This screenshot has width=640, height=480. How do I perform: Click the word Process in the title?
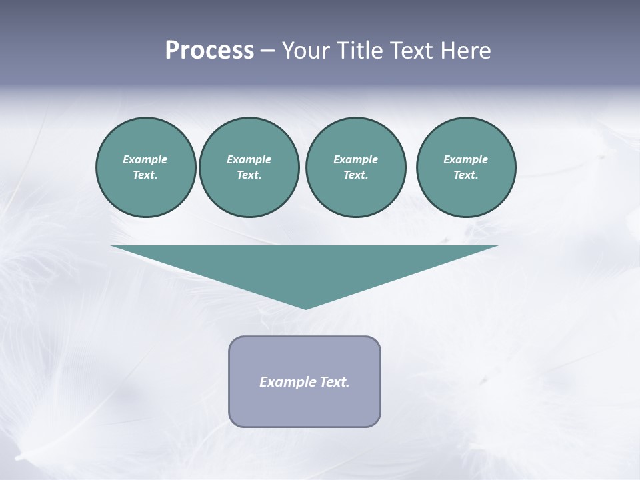coord(209,51)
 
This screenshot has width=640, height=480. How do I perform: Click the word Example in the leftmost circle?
coord(145,159)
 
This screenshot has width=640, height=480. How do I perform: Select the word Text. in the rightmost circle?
coord(465,175)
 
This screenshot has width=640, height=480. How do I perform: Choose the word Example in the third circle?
coord(355,159)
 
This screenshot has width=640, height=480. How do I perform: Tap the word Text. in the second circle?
coord(249,175)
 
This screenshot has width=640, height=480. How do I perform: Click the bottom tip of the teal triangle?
coord(305,307)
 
